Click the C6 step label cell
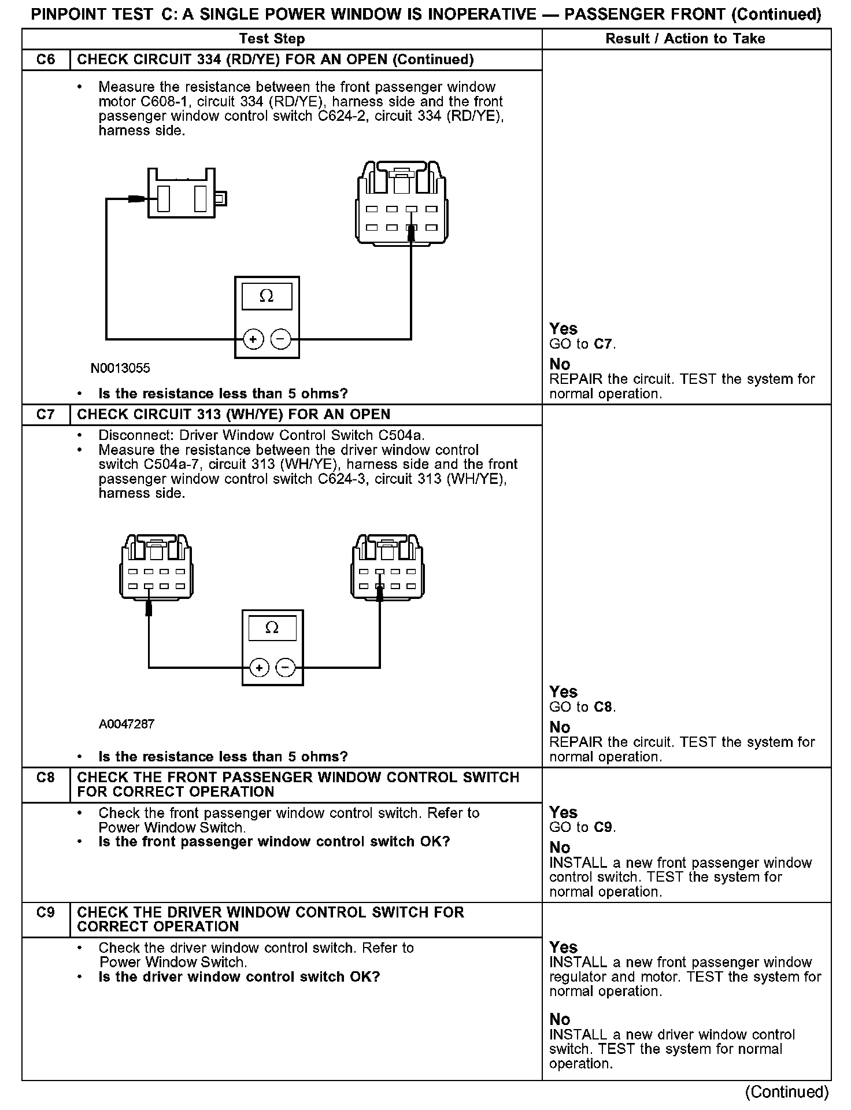point(46,60)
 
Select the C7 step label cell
point(46,415)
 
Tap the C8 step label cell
point(46,778)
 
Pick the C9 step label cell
point(46,912)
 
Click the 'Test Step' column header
point(272,39)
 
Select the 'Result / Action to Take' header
point(685,39)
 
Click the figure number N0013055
point(120,368)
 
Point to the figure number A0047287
point(127,724)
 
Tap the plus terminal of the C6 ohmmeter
point(253,339)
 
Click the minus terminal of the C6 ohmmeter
point(281,339)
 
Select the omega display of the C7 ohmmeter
point(272,628)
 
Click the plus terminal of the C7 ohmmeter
point(260,668)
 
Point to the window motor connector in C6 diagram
point(182,194)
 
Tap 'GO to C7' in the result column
point(582,344)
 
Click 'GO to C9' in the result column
point(582,827)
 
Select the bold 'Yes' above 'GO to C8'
point(563,692)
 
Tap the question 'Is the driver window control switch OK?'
point(239,977)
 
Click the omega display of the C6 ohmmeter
point(267,297)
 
